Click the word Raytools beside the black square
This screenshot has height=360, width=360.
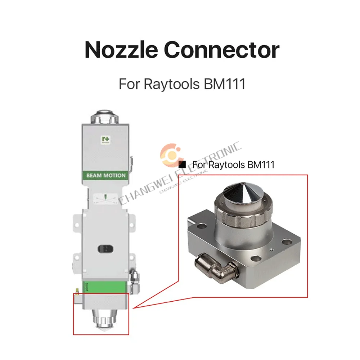point(227,165)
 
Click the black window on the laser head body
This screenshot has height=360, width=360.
point(105,248)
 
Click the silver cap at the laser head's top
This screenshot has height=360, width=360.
point(105,117)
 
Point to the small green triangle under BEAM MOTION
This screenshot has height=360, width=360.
point(105,197)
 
